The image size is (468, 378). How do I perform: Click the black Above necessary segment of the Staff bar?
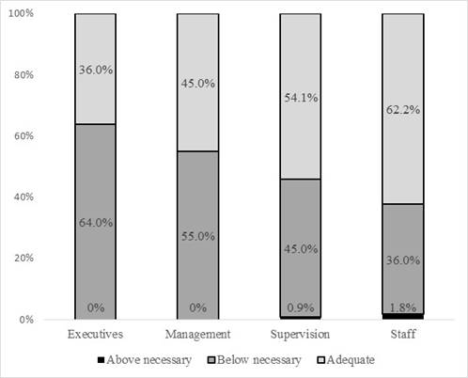coord(403,316)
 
